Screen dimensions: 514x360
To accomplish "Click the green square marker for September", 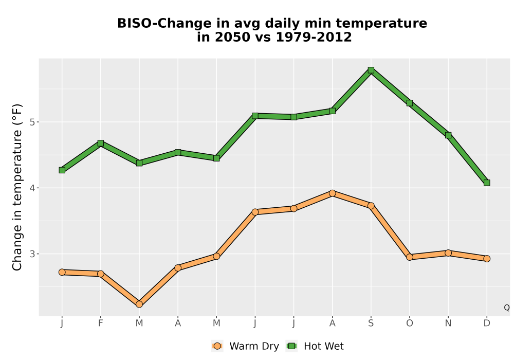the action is coord(371,70).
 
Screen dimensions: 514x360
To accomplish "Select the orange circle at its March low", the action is coord(139,304).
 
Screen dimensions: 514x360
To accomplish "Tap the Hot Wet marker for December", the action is coord(487,183).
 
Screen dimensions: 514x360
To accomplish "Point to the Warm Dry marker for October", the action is coord(410,257).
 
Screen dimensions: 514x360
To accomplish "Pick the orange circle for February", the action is coord(101,274).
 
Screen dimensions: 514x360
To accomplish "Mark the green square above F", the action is coord(101,143).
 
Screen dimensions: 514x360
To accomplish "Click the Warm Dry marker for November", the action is coord(448,253).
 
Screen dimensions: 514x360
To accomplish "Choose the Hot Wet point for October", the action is coord(410,103).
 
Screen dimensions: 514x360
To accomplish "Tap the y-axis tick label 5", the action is coord(32,122).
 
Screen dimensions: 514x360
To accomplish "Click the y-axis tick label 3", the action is coord(32,254).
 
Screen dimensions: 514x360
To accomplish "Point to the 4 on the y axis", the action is coord(32,188).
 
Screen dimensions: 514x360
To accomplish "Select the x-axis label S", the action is coord(371,323).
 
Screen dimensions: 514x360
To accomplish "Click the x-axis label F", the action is coord(101,323).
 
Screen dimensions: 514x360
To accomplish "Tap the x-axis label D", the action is coord(487,323).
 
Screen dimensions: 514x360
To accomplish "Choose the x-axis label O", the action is coord(410,323).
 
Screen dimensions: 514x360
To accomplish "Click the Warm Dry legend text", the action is coord(254,346).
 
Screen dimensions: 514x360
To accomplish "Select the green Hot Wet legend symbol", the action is coord(291,346).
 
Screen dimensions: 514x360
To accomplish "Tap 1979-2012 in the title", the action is coord(314,37).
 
